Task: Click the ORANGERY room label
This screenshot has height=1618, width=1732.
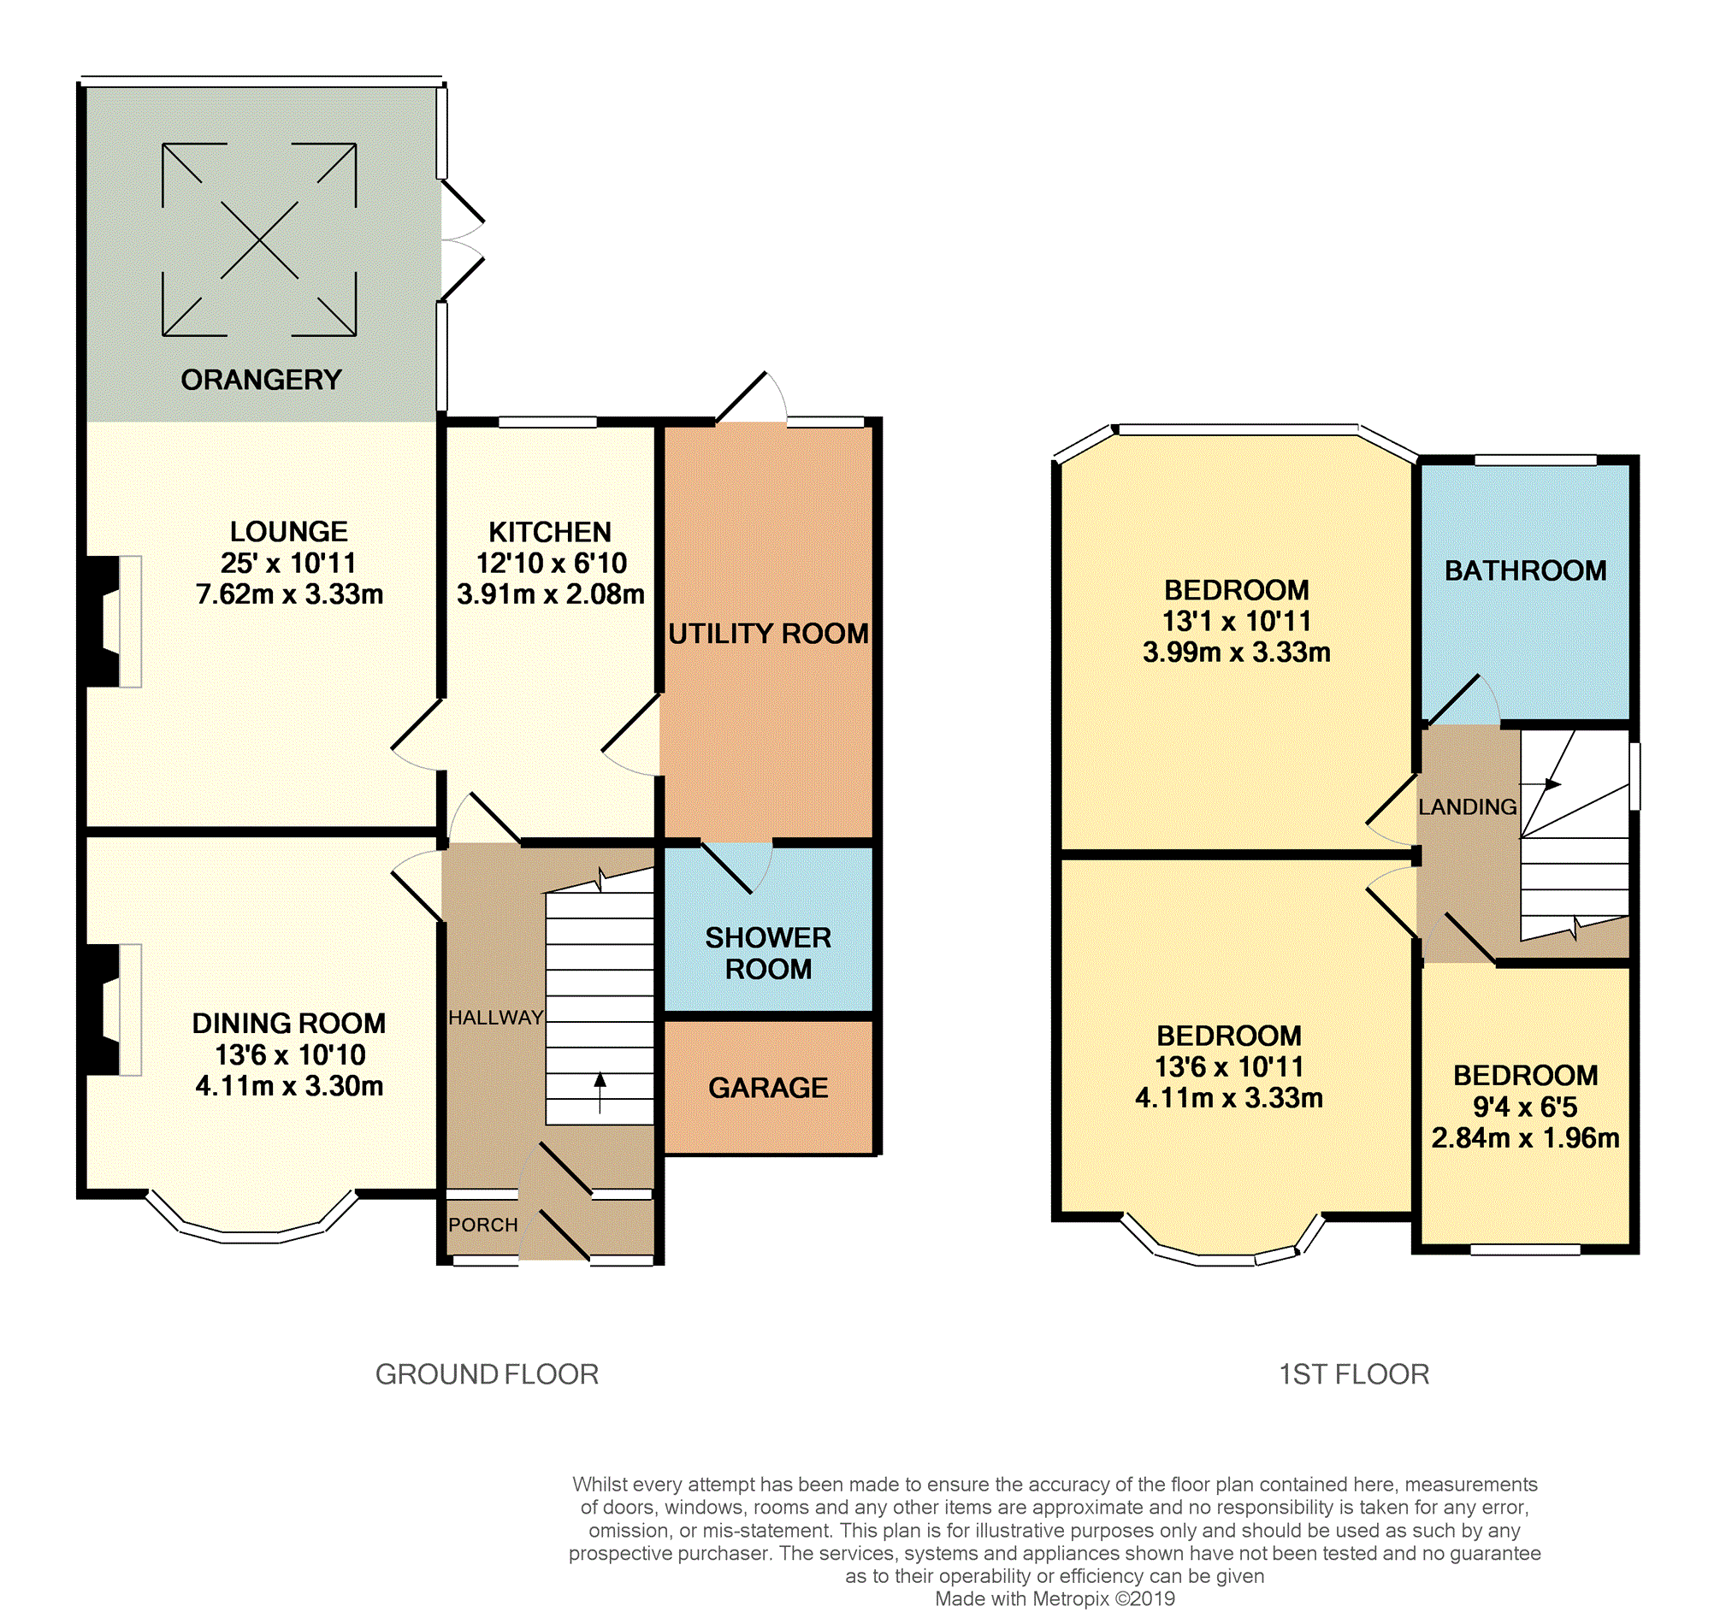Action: (x=262, y=380)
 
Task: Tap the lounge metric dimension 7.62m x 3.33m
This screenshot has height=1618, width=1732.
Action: (x=289, y=594)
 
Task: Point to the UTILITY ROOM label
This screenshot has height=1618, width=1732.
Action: (x=768, y=634)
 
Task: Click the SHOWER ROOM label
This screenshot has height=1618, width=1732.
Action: (x=768, y=954)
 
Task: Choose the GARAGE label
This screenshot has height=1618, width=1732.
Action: (x=768, y=1088)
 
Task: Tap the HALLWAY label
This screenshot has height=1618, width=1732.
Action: (x=496, y=1018)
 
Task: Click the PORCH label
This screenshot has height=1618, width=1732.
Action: (x=483, y=1225)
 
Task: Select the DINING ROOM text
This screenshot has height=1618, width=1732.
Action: (x=289, y=1023)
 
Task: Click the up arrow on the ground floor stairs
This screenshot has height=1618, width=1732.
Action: (x=600, y=1093)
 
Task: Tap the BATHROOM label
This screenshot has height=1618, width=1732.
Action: (x=1526, y=570)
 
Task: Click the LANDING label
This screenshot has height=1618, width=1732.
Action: (x=1468, y=806)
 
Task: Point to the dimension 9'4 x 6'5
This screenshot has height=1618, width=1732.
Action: (x=1526, y=1107)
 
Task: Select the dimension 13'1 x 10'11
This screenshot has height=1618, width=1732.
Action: (x=1236, y=621)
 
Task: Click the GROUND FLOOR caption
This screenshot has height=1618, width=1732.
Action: (x=487, y=1375)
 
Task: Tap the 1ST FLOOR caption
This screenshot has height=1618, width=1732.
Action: (x=1354, y=1375)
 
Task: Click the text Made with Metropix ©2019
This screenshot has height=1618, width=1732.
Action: (x=1055, y=1599)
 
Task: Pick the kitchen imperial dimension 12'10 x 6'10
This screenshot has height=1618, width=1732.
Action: (x=552, y=563)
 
